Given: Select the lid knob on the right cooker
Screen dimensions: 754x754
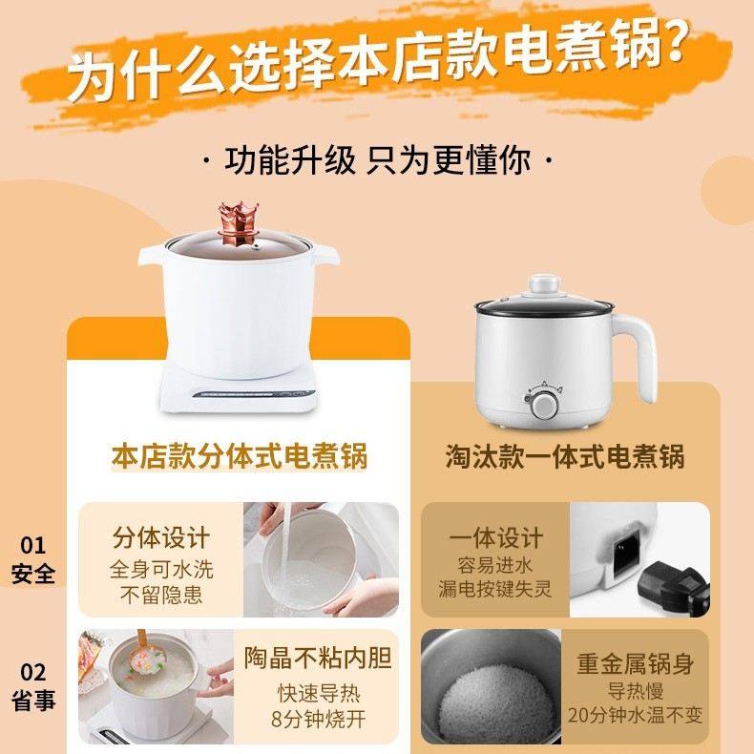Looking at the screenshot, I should point(543,284).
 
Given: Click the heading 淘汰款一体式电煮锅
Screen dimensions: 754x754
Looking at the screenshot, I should point(565,456).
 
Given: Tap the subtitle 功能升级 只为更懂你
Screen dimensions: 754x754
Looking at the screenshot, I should point(377,158).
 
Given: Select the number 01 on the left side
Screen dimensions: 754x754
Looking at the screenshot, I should point(33,545).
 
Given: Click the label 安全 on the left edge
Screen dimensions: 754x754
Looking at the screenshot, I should point(33,575).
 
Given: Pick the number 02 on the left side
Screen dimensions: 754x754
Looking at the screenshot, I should point(33,673).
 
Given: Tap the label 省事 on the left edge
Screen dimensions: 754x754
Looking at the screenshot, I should point(33,702).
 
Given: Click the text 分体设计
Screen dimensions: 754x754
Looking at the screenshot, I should point(161,536).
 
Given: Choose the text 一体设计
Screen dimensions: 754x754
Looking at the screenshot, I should point(495,536).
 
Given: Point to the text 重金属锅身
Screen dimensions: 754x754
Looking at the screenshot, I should point(636,663).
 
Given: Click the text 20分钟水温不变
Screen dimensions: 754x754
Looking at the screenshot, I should point(636,715).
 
